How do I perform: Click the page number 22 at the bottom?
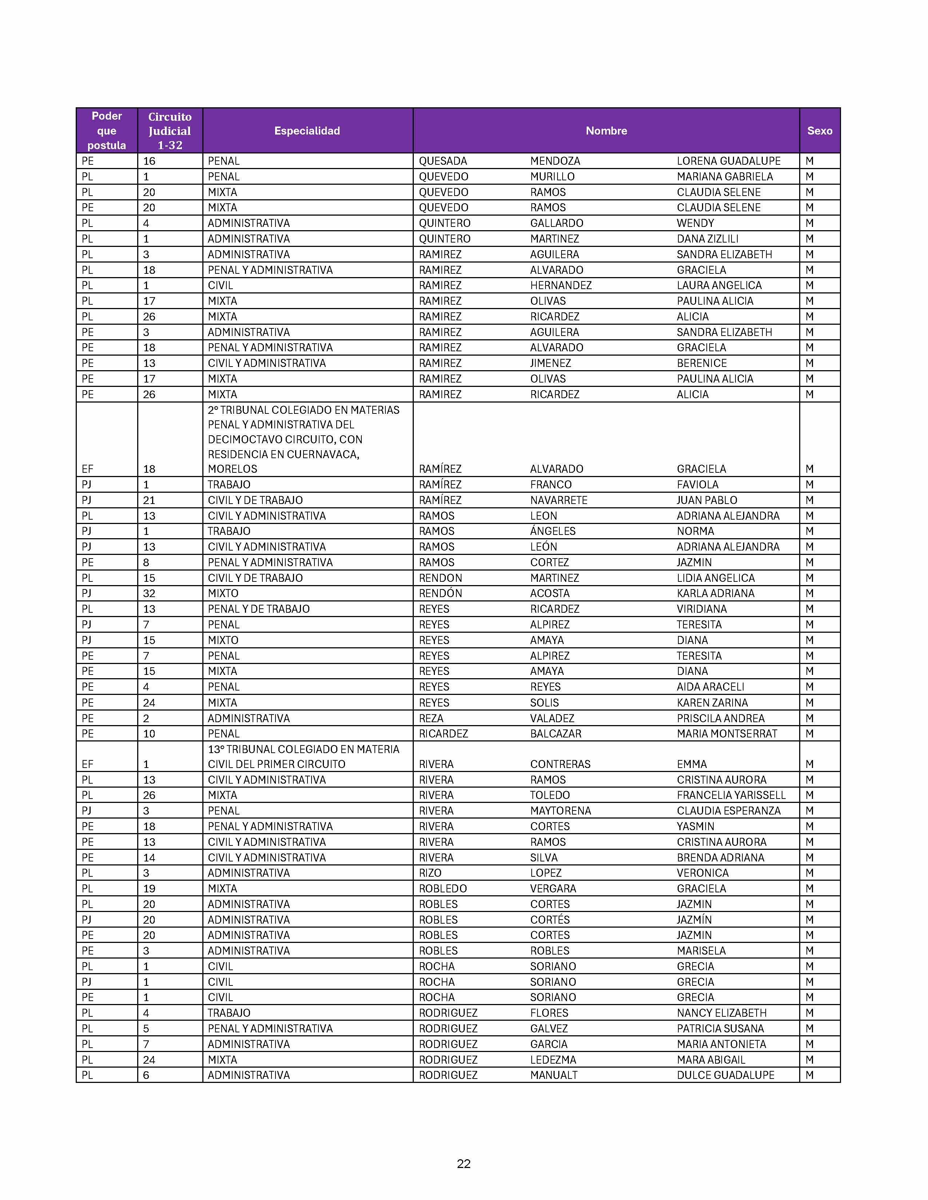(x=463, y=1163)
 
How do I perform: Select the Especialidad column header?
(x=307, y=131)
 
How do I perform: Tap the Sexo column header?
(x=819, y=131)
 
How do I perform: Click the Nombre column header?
(x=606, y=131)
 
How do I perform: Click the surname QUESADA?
(x=443, y=161)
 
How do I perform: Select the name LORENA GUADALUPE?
(x=729, y=161)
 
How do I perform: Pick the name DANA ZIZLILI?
(x=707, y=239)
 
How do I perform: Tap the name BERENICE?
(x=702, y=363)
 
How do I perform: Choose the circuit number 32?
(x=149, y=593)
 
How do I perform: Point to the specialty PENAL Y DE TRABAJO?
(x=258, y=609)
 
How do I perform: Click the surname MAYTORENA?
(x=560, y=811)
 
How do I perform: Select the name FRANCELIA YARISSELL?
(x=731, y=795)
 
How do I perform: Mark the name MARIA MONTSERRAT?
(x=727, y=733)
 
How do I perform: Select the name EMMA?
(x=691, y=764)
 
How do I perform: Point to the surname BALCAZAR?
(x=555, y=733)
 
